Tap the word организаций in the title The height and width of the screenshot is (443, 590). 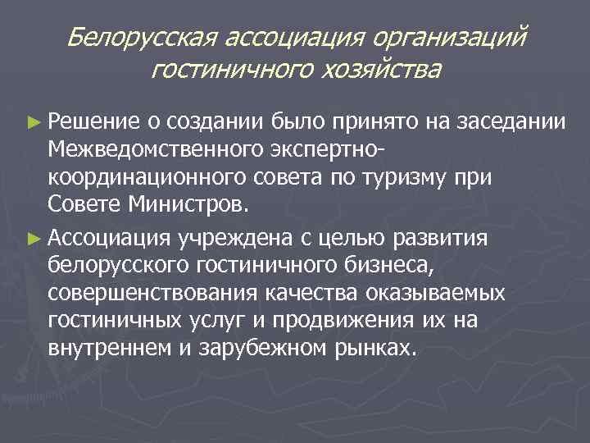447,37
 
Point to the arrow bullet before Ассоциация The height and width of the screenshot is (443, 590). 33,239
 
